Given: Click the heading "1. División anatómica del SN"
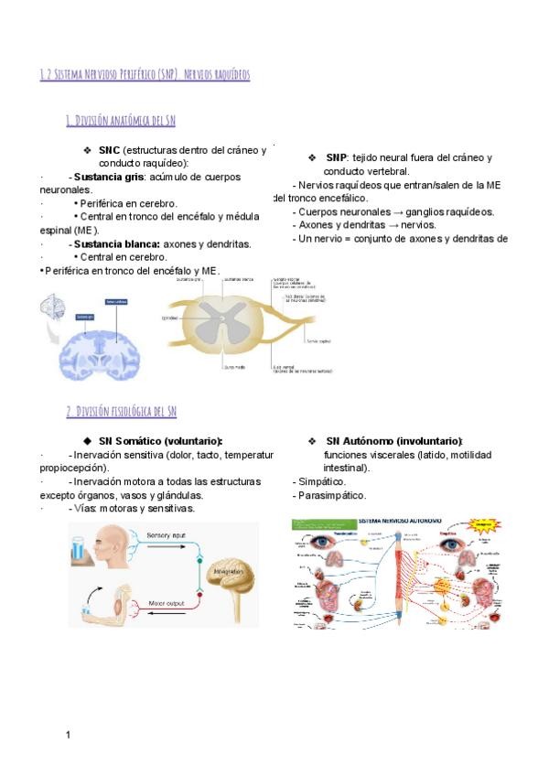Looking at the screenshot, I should tap(121, 120).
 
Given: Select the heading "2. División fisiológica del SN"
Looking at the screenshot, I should tap(121, 412).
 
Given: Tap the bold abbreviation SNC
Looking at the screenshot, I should tap(109, 150).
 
